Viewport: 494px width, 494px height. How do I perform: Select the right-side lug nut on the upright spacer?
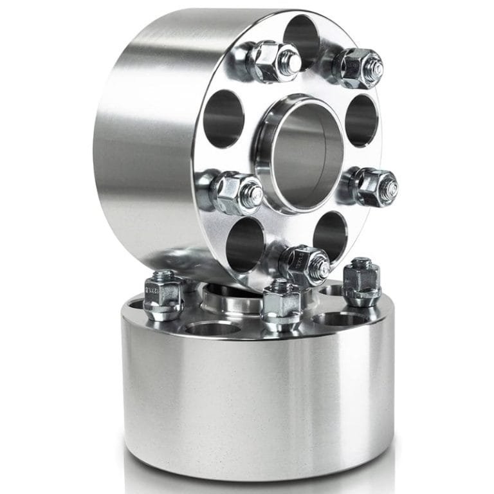point(376,187)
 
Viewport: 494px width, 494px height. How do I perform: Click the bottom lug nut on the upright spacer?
point(305,264)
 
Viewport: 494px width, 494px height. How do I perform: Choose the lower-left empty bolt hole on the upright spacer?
point(244,244)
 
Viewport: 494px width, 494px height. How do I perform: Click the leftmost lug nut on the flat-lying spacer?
point(163,295)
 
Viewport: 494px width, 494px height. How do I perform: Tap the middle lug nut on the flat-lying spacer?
point(281,305)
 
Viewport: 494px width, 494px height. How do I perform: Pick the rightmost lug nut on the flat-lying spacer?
point(361,284)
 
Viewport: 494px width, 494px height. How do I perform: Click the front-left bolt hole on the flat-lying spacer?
point(213,328)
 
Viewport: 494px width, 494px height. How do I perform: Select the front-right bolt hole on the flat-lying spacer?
point(340,319)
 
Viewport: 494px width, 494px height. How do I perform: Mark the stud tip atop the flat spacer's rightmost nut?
point(362,263)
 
